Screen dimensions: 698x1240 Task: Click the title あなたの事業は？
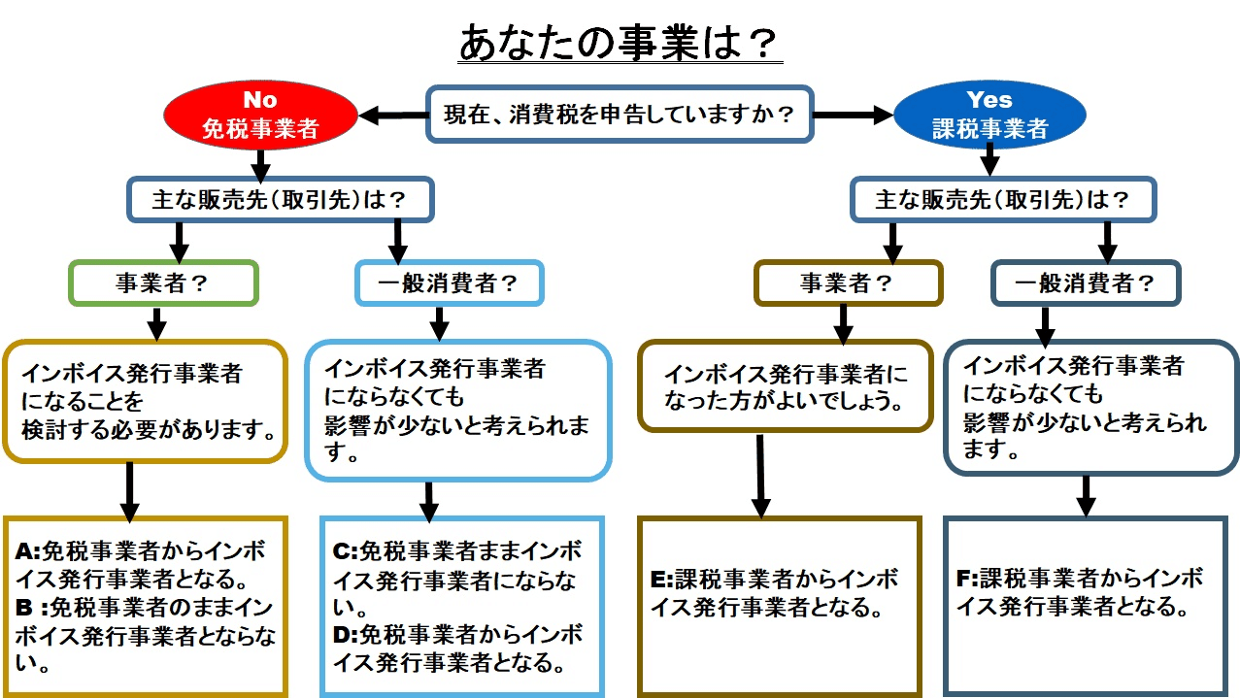point(620,43)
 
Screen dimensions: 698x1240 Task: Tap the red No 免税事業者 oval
point(259,115)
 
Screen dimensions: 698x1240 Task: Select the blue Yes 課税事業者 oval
point(989,115)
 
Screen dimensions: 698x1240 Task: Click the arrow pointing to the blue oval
point(852,116)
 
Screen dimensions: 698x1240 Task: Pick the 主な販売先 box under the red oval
point(280,200)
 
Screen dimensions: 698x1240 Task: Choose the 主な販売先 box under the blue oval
point(1003,200)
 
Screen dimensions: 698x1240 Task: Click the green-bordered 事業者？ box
point(163,283)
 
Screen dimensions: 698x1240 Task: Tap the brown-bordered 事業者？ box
point(848,283)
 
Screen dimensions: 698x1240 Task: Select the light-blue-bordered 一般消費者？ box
point(449,283)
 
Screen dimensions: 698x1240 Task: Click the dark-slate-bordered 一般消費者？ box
point(1085,283)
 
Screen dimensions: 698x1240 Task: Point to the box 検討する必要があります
point(146,400)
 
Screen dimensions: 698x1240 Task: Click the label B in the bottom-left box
point(23,608)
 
